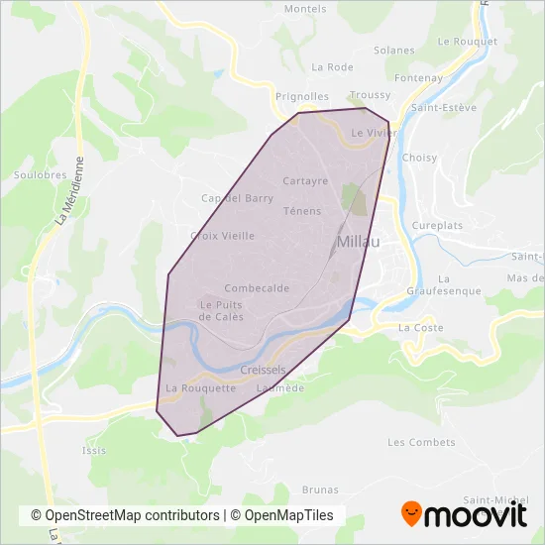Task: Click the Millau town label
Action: click(362, 242)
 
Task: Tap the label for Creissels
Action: click(263, 370)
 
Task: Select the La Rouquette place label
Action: click(201, 388)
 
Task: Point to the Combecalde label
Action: click(257, 288)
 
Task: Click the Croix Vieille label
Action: click(222, 236)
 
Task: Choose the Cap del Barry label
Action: click(237, 198)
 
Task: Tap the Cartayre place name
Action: click(305, 181)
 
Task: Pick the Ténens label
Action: click(302, 211)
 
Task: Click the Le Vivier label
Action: click(373, 132)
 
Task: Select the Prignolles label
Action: click(302, 97)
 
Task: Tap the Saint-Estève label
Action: click(444, 108)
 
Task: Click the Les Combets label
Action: click(414, 442)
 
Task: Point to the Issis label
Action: click(94, 450)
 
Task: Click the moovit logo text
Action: click(477, 515)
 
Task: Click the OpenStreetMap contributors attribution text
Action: click(125, 515)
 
